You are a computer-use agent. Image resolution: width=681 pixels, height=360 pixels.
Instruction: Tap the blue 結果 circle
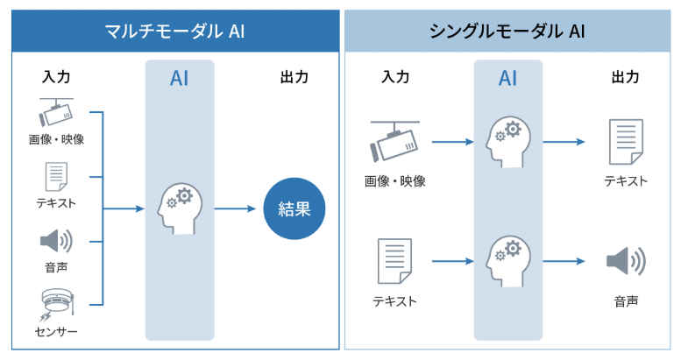(294, 208)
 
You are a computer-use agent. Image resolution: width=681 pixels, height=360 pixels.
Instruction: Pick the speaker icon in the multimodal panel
(56, 241)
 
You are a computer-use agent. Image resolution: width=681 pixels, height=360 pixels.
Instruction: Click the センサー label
(56, 333)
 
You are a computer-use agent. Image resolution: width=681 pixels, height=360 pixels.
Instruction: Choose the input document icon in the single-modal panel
(394, 261)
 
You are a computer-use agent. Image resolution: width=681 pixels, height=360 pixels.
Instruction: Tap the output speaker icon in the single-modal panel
(625, 261)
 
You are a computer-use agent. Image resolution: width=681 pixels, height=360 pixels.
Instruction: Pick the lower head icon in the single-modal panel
(507, 261)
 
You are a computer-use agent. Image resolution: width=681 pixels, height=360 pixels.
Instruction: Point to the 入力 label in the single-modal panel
(394, 76)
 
